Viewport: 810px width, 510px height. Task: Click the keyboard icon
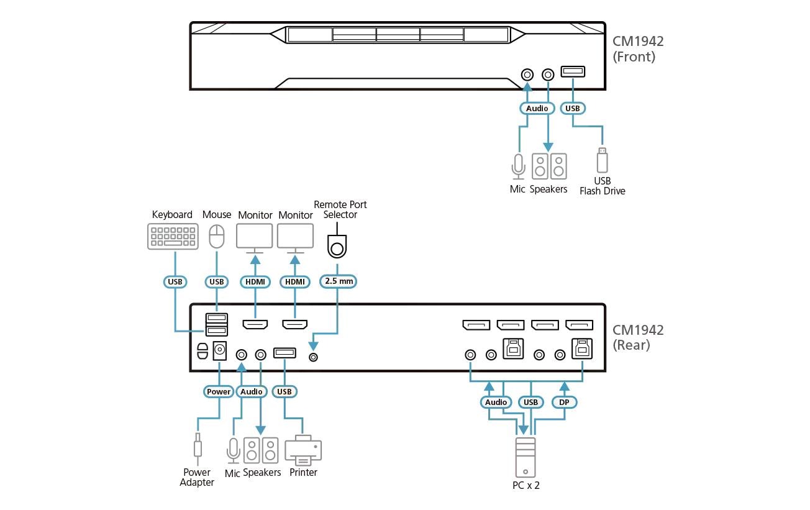pyautogui.click(x=173, y=237)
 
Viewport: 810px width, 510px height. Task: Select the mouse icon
pyautogui.click(x=216, y=237)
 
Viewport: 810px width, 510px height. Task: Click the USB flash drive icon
pyautogui.click(x=601, y=160)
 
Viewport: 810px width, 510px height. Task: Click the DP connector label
pyautogui.click(x=565, y=403)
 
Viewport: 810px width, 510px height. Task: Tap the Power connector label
pyautogui.click(x=219, y=391)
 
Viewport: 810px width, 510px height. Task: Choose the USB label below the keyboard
pyautogui.click(x=175, y=281)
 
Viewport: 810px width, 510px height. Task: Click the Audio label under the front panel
pyautogui.click(x=537, y=108)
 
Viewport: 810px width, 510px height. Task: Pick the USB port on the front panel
pyautogui.click(x=571, y=72)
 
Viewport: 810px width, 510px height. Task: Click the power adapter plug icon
pyautogui.click(x=197, y=446)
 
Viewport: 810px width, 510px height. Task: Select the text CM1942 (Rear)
pyautogui.click(x=638, y=337)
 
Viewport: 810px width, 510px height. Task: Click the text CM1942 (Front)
pyautogui.click(x=638, y=49)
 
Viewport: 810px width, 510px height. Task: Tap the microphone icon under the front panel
pyautogui.click(x=518, y=166)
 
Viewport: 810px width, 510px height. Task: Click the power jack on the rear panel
pyautogui.click(x=219, y=351)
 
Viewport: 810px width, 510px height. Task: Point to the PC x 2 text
pyautogui.click(x=526, y=485)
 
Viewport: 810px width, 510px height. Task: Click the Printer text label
pyautogui.click(x=303, y=473)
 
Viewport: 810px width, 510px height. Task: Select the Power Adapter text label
pyautogui.click(x=197, y=477)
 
